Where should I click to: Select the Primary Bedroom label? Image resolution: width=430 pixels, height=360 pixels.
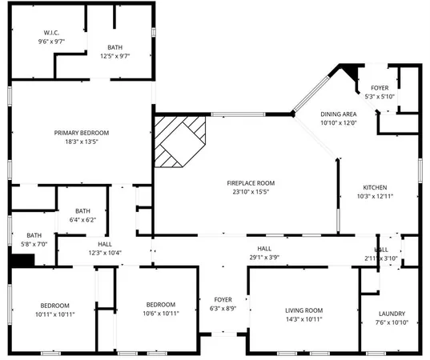coord(82,133)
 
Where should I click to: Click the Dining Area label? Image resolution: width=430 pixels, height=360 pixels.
coord(338,114)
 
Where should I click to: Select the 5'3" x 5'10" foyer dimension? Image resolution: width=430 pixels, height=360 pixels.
coord(380,98)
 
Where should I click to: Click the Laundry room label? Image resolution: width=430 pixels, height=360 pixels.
coord(392,314)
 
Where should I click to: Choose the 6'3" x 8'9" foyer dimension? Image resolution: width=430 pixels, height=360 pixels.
coord(223,308)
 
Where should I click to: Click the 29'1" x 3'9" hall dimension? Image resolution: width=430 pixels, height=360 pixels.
coord(264,258)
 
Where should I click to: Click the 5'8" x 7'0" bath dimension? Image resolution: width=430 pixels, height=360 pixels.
coord(33,243)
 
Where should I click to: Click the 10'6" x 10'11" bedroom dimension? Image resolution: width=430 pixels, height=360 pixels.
coord(162,314)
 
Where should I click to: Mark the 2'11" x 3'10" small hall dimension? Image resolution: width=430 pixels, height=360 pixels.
coord(381,258)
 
